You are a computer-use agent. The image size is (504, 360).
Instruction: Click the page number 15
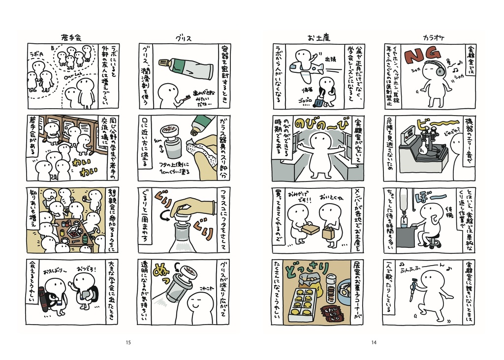pos(128,342)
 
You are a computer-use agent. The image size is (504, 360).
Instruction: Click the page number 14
pos(374,342)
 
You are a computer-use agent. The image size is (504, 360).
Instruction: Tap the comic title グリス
pos(183,37)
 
